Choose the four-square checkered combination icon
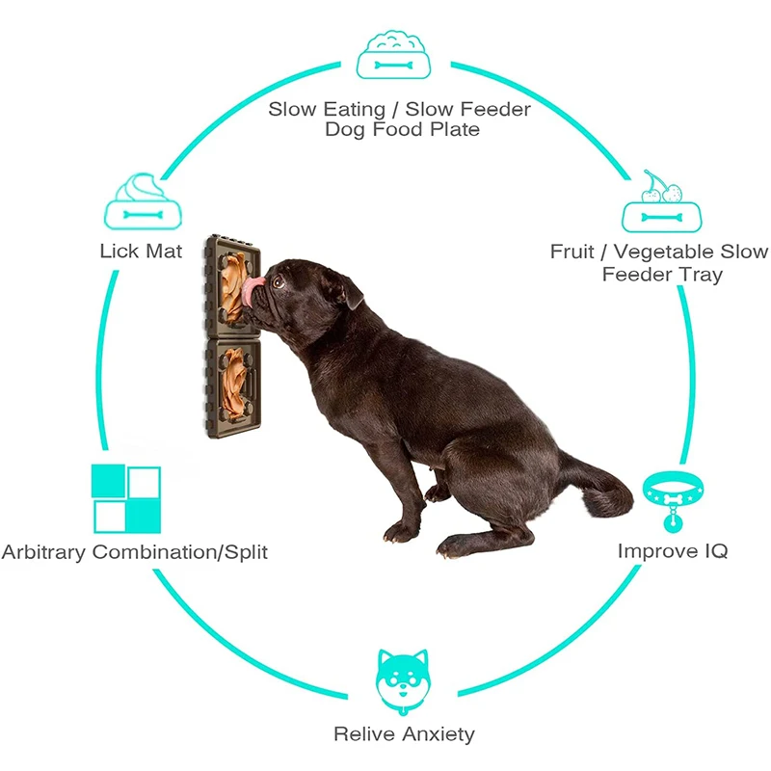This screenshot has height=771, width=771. pyautogui.click(x=125, y=498)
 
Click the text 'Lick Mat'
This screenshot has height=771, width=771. pyautogui.click(x=141, y=252)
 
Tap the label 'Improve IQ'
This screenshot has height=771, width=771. pyautogui.click(x=672, y=551)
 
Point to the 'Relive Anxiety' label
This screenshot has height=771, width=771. pyautogui.click(x=404, y=734)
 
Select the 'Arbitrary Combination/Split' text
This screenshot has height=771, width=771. pyautogui.click(x=134, y=552)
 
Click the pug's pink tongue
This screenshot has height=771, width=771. pyautogui.click(x=253, y=292)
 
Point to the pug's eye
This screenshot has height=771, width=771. pyautogui.click(x=279, y=282)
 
